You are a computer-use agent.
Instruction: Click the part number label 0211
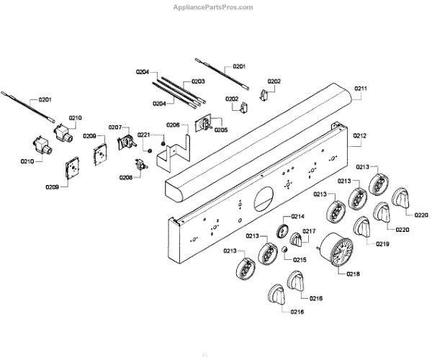click(x=361, y=89)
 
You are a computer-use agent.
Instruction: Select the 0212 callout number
click(x=360, y=135)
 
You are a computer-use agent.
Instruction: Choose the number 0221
click(x=144, y=135)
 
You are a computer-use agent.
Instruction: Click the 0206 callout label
click(x=173, y=125)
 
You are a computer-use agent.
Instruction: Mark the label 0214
click(x=297, y=217)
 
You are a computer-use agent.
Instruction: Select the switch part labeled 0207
click(x=124, y=143)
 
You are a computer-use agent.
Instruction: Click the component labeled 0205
click(x=204, y=124)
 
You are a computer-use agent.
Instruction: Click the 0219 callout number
click(x=382, y=245)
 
